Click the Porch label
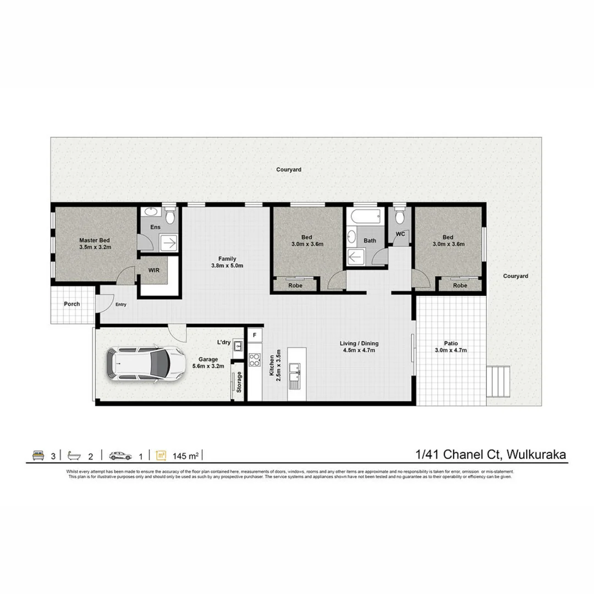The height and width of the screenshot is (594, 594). coord(71,304)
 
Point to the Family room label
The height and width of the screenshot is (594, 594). coord(227,261)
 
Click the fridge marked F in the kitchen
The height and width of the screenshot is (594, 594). coord(254,334)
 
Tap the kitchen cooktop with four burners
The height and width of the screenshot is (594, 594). coord(254,360)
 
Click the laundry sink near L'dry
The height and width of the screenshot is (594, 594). coord(238,346)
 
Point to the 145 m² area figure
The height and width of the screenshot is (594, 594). coord(185,455)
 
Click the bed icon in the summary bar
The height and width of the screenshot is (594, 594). coord(38,455)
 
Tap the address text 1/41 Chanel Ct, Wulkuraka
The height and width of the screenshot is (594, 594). coord(491,455)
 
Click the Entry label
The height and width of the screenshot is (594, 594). coord(120,304)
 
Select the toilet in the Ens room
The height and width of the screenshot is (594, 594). coord(170,216)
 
